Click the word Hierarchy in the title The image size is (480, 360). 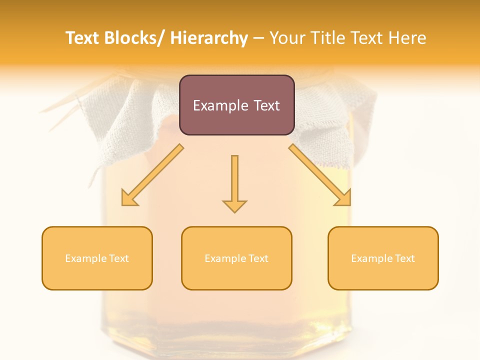pyautogui.click(x=209, y=38)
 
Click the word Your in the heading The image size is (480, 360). pyautogui.click(x=287, y=38)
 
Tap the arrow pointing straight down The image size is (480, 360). pyautogui.click(x=234, y=180)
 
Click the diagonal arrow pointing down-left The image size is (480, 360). pyautogui.click(x=155, y=172)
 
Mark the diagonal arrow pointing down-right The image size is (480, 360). pyautogui.click(x=317, y=172)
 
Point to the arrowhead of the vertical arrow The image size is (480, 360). pyautogui.click(x=234, y=205)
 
